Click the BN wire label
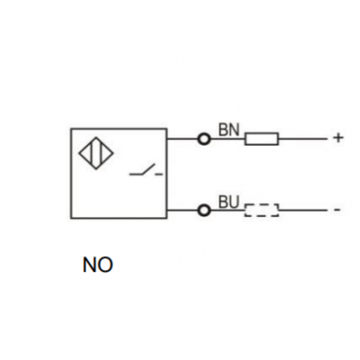point(229,130)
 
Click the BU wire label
point(229,202)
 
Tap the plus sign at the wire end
point(339,137)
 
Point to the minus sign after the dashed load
point(337,210)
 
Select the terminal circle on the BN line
point(204,139)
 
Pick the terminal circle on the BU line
point(204,211)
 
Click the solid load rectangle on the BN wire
point(262,139)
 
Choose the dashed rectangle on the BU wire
point(262,211)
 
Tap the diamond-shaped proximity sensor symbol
point(96,153)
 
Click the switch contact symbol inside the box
point(146,171)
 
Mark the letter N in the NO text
point(90,265)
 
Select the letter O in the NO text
point(106,265)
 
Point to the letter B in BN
point(224,130)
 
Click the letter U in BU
point(235,202)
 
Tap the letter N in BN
point(235,130)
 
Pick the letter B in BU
point(224,202)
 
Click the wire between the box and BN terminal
point(183,139)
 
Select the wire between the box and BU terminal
point(183,211)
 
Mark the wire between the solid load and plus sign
point(302,139)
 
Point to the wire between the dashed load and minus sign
point(302,211)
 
